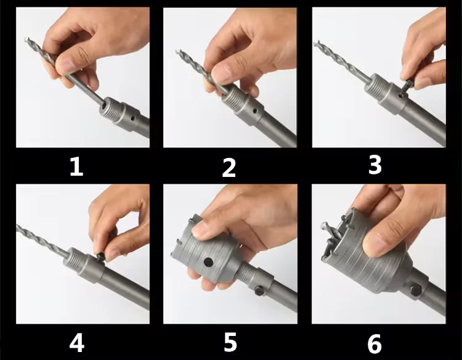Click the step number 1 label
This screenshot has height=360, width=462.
[76, 166]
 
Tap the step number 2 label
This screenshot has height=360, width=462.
[229, 168]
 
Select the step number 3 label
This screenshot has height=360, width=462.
[375, 165]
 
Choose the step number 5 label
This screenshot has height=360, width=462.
[230, 342]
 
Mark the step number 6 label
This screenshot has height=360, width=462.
[375, 344]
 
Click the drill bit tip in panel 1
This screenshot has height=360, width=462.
[26, 39]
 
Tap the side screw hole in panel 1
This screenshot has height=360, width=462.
[133, 118]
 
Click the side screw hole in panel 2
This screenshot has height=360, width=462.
[255, 111]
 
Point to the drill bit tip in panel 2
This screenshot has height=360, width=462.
[177, 52]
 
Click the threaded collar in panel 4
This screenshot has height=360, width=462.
[74, 261]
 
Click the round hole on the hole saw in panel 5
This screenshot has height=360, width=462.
[208, 262]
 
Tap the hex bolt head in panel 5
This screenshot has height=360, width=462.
[259, 290]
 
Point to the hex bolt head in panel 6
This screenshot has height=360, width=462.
[415, 290]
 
